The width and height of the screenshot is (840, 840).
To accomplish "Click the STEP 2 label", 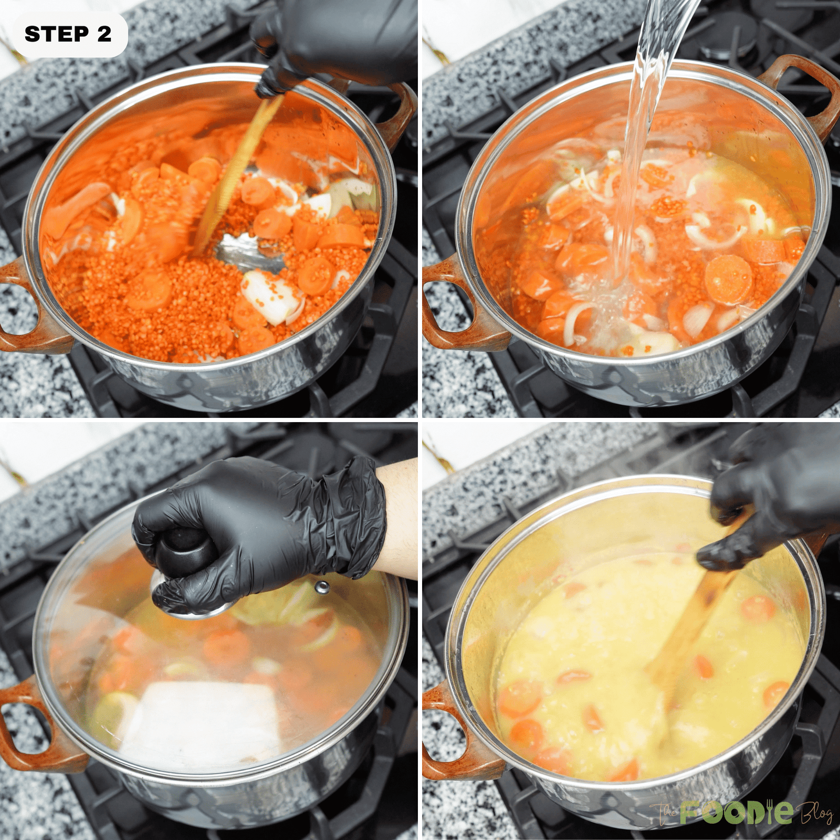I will [x=68, y=35].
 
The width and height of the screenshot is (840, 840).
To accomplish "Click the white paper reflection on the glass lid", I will [x=205, y=719].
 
